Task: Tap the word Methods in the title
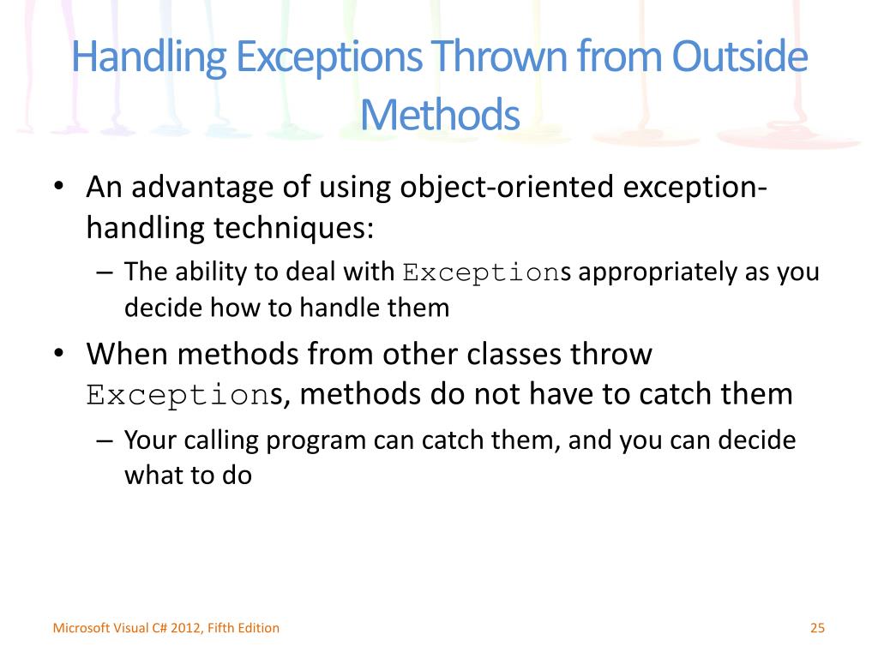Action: pyautogui.click(x=440, y=115)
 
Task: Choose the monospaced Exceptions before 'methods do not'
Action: pyautogui.click(x=185, y=395)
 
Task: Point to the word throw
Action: pyautogui.click(x=611, y=353)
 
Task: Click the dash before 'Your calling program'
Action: pyautogui.click(x=105, y=440)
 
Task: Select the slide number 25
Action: pyautogui.click(x=816, y=628)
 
